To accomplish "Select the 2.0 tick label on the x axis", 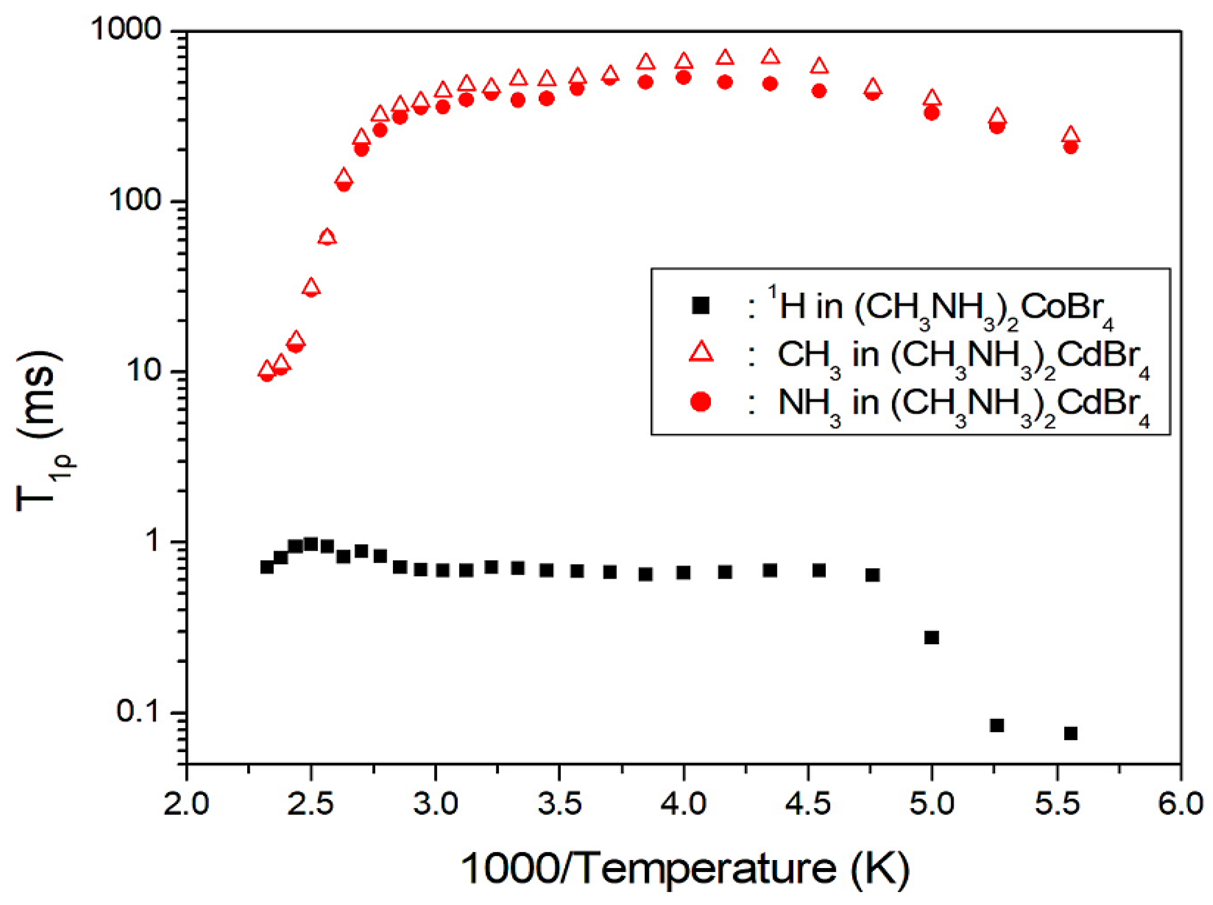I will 186,804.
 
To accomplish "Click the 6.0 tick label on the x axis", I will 1180,804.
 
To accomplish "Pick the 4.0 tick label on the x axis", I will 683,804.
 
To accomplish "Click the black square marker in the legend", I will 700,305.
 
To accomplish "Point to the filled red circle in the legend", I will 700,401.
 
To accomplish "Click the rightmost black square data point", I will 1070,733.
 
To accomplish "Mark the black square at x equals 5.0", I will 931,637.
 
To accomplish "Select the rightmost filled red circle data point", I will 1070,147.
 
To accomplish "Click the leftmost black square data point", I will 266,567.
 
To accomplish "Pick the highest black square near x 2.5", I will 311,544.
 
